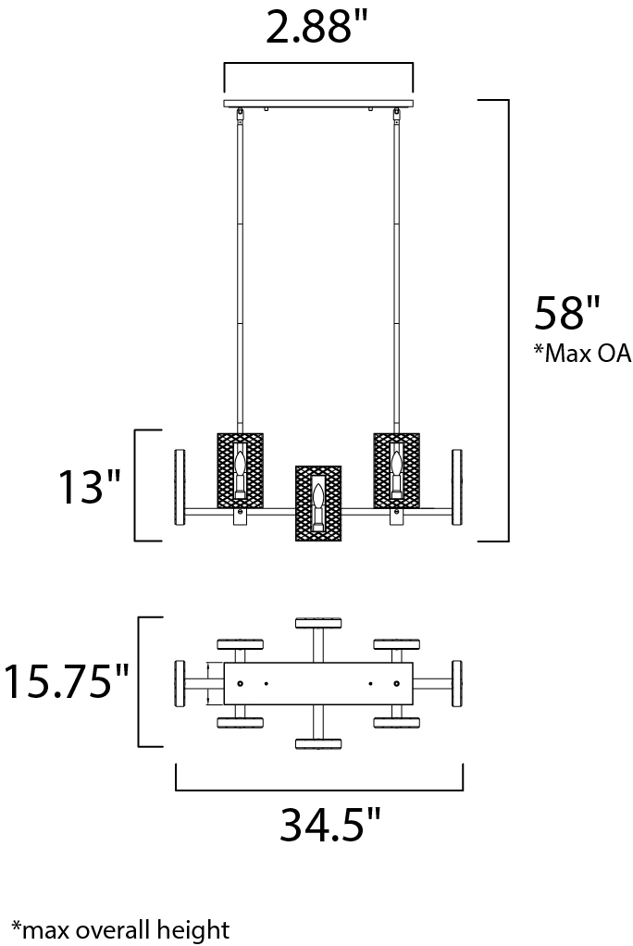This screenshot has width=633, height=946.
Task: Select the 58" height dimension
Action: (567, 314)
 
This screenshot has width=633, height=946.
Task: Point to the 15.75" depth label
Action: (66, 682)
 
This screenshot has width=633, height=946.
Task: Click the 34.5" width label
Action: (330, 825)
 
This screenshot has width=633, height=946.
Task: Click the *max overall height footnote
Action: (119, 927)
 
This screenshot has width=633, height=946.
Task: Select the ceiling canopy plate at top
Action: (318, 103)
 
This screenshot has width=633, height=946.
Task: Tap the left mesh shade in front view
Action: (240, 469)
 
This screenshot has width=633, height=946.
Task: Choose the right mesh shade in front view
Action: (396, 469)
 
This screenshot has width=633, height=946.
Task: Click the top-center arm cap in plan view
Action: (317, 622)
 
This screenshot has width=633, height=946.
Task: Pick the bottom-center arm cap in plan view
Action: (317, 743)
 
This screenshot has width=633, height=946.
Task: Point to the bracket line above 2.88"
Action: (318, 64)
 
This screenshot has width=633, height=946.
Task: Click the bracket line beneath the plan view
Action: (318, 790)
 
